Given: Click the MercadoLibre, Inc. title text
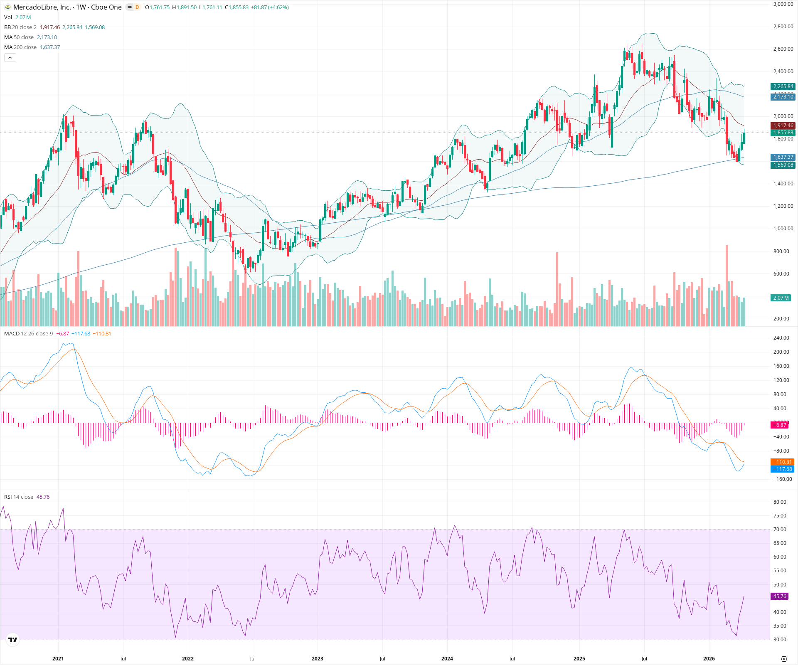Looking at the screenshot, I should (42, 7).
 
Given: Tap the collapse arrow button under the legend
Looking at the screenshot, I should (10, 58).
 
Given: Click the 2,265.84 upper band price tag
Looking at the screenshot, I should (783, 86).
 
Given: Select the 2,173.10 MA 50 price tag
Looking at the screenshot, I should (783, 97).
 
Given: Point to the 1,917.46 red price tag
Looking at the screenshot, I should (783, 126).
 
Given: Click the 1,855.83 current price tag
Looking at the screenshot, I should (783, 133).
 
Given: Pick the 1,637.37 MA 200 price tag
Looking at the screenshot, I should (783, 157).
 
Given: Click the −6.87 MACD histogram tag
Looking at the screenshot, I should (780, 425).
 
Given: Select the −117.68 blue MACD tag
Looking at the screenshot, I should (782, 469).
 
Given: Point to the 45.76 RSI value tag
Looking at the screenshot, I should (780, 596).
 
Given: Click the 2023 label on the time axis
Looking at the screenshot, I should (317, 659).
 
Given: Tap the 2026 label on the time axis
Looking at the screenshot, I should (709, 659).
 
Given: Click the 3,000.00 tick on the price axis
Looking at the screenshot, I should (783, 4).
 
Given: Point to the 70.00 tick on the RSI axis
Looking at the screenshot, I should (780, 530).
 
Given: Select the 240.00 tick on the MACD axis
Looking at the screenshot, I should (781, 338).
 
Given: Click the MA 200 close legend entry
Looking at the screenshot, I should (20, 47).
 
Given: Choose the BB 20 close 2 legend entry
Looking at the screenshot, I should (20, 27).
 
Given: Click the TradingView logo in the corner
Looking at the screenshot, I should (13, 640).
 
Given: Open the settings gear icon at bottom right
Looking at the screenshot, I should (784, 659).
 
